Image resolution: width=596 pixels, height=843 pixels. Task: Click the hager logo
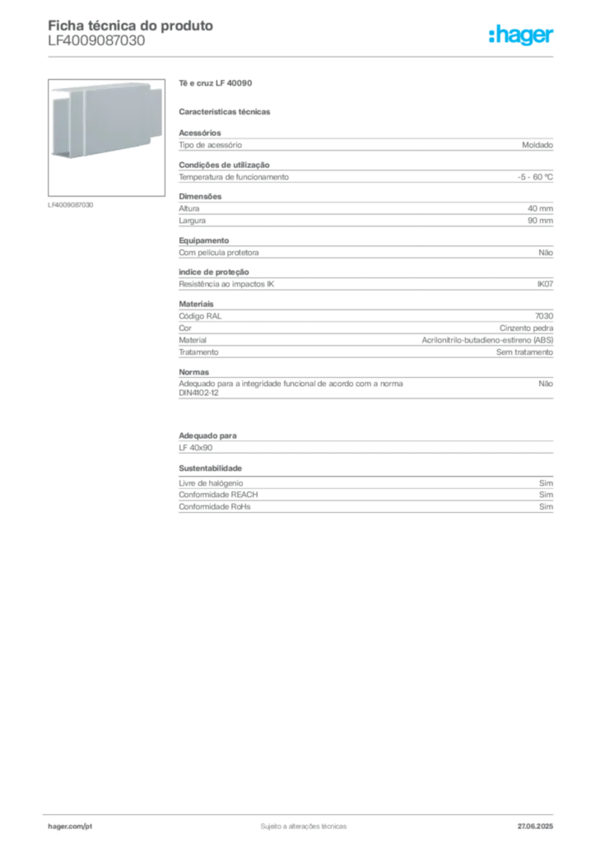click(521, 35)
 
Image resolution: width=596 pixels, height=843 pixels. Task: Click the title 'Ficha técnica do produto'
click(131, 26)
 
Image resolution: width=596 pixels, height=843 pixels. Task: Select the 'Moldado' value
click(538, 145)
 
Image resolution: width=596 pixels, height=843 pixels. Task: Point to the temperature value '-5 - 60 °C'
click(535, 177)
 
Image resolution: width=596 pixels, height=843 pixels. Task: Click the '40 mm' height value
click(540, 208)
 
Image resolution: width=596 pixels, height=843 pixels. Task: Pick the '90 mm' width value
click(540, 221)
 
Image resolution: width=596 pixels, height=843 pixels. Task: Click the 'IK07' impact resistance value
click(545, 284)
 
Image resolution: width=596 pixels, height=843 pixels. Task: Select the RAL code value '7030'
click(544, 316)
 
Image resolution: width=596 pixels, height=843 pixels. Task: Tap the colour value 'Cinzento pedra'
click(526, 328)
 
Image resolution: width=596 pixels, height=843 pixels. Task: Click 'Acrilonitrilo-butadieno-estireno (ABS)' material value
click(487, 340)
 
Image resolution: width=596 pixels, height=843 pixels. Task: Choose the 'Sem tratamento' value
click(524, 352)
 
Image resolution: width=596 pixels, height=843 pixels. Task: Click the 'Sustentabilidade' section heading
click(210, 468)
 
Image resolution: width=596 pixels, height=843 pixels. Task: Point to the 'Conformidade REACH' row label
click(218, 495)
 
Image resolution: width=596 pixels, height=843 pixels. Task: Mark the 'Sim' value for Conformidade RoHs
click(546, 506)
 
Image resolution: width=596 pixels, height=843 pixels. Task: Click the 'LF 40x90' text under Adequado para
click(196, 447)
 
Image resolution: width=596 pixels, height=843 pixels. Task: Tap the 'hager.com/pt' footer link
click(70, 827)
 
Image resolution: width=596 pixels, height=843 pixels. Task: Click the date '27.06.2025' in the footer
click(535, 827)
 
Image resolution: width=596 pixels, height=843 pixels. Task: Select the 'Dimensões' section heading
click(200, 197)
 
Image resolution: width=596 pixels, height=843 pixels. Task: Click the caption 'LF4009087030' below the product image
click(71, 205)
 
